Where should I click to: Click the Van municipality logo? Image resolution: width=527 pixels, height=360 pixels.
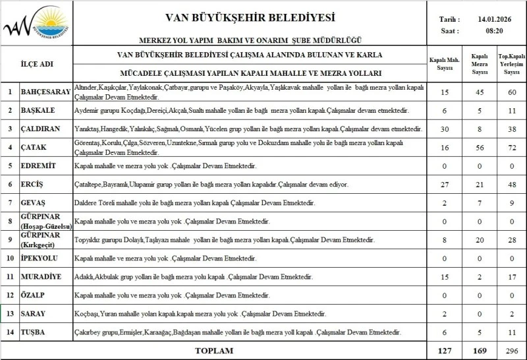tap(36, 24)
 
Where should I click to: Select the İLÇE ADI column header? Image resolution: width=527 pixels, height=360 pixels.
tap(37, 64)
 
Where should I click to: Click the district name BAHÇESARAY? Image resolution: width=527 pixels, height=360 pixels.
tap(44, 92)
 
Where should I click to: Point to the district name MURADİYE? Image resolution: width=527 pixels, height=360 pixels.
tap(42, 276)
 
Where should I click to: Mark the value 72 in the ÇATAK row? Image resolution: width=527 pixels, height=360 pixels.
tap(512, 147)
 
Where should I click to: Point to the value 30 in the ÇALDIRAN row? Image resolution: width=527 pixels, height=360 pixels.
tap(445, 129)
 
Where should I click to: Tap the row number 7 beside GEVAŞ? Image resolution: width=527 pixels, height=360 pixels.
tap(10, 202)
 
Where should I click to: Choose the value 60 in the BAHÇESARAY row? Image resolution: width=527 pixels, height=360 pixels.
tap(512, 92)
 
